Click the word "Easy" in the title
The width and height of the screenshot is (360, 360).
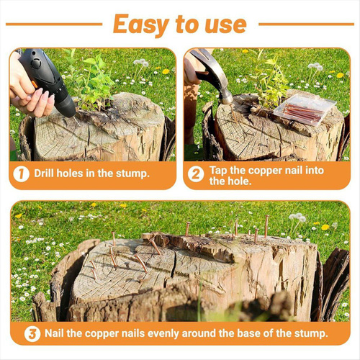pos(141,25)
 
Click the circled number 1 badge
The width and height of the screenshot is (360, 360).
pos(21,174)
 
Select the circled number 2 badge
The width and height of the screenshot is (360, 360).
pos(196,174)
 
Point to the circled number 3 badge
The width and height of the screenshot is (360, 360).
pos(32,334)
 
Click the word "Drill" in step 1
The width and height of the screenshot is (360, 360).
pos(44,174)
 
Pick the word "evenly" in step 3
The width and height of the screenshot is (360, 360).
pos(164,333)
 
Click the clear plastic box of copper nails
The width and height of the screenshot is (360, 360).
pos(305,109)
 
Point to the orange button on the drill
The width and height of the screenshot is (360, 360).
pos(35,84)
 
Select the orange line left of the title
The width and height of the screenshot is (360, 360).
pos(54,24)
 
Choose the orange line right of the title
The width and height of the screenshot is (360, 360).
pos(307,24)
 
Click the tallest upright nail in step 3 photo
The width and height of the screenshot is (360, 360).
pos(266,227)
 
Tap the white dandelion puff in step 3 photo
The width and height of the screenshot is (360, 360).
pos(298,217)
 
